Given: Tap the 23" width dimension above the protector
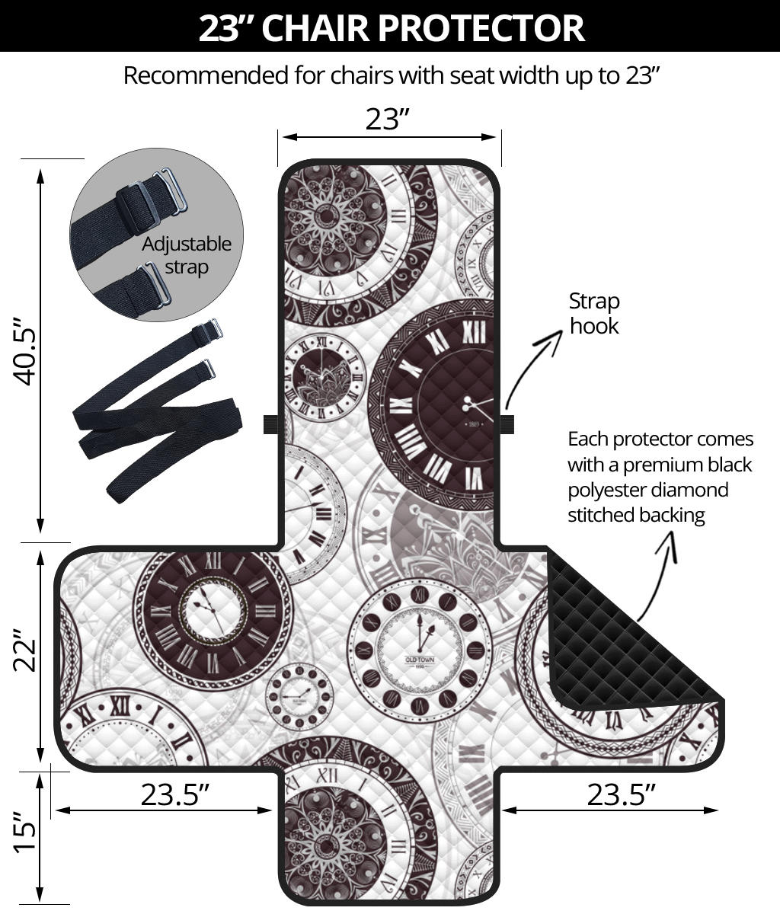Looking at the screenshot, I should [x=388, y=119].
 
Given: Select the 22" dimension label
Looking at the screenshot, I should [x=27, y=650].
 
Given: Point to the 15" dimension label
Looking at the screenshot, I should [x=27, y=837].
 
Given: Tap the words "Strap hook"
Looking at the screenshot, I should [x=594, y=313].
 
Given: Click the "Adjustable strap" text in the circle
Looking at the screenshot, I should [x=187, y=255].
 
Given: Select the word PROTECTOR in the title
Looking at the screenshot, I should [x=481, y=28].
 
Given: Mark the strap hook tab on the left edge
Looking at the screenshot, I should [x=271, y=424].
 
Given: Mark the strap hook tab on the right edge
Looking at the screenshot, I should [x=507, y=423].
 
